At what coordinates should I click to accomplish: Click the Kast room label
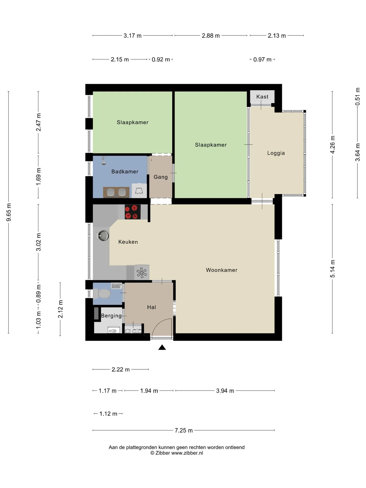pyautogui.click(x=262, y=97)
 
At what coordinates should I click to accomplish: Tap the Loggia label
pyautogui.click(x=276, y=153)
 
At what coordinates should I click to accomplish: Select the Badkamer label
pyautogui.click(x=125, y=172)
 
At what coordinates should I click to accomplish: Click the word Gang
pyautogui.click(x=161, y=177)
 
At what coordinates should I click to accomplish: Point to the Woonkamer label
pyautogui.click(x=222, y=270)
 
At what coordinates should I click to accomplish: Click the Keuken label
pyautogui.click(x=128, y=242)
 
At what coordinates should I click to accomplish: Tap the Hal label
pyautogui.click(x=151, y=307)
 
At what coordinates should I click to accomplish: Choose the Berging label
pyautogui.click(x=111, y=316)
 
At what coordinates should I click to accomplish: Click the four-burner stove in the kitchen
pyautogui.click(x=133, y=212)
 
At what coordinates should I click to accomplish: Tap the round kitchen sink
pyautogui.click(x=103, y=236)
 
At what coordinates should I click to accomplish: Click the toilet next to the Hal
pyautogui.click(x=102, y=294)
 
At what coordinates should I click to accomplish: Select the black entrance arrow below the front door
pyautogui.click(x=162, y=347)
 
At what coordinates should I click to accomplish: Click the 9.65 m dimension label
pyautogui.click(x=9, y=212)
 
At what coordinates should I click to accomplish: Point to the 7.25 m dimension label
pyautogui.click(x=184, y=430)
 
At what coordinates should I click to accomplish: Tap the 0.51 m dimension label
pyautogui.click(x=358, y=97)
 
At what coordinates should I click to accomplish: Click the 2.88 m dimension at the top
pyautogui.click(x=211, y=36)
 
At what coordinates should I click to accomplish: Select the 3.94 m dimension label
pyautogui.click(x=225, y=391)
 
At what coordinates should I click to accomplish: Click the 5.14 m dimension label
pyautogui.click(x=332, y=269)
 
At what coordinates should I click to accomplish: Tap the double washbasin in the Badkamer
pyautogui.click(x=116, y=192)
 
